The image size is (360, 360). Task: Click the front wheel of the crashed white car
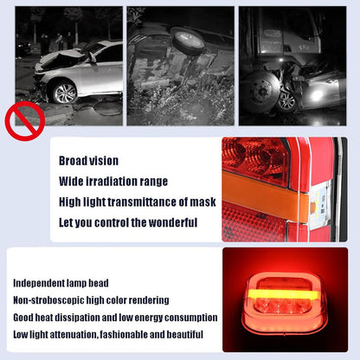[x=64, y=91]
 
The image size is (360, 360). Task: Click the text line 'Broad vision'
[x=88, y=161]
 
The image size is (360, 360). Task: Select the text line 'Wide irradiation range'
[x=113, y=182]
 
